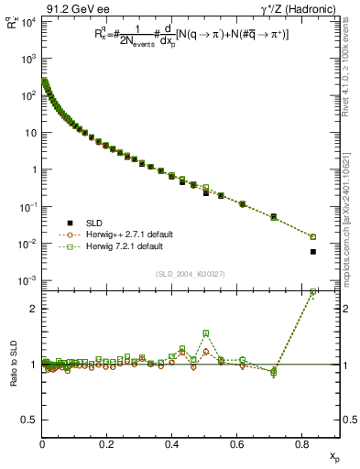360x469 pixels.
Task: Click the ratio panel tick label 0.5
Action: (29, 420)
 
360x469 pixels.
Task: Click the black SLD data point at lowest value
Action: (313, 252)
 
